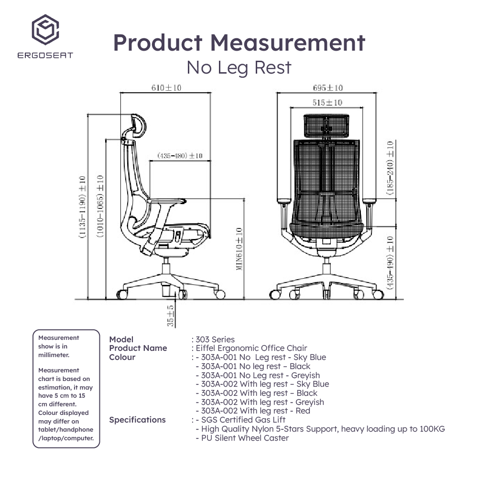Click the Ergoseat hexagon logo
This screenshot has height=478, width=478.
[x=45, y=29]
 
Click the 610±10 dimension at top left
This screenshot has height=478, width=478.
[x=166, y=88]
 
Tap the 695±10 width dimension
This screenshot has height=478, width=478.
[x=327, y=88]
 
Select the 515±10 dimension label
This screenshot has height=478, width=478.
[x=327, y=103]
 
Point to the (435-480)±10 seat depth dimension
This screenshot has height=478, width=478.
[x=180, y=156]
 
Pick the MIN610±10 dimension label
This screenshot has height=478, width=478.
[x=239, y=249]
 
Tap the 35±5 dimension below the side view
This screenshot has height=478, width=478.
[x=171, y=316]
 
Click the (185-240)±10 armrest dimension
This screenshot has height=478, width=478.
[x=391, y=168]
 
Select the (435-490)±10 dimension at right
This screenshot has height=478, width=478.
[x=391, y=262]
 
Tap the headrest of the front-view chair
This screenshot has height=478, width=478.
[x=327, y=125]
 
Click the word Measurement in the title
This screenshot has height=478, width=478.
[x=288, y=43]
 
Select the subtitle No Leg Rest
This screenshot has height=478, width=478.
[x=239, y=67]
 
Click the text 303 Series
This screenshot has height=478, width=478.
[x=215, y=339]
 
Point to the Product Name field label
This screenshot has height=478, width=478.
[x=138, y=348]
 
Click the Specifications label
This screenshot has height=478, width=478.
[x=137, y=420]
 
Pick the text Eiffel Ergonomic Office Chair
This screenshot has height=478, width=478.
[x=251, y=348]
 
